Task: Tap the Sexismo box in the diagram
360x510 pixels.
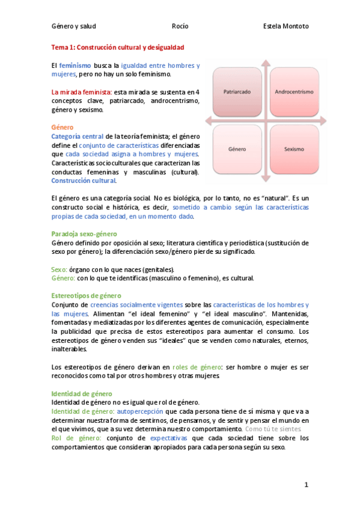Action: (294, 149)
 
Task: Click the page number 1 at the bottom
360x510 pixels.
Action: (306, 485)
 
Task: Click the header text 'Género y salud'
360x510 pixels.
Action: (73, 26)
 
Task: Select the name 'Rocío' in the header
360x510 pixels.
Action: (180, 26)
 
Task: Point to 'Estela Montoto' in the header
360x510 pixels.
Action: (286, 26)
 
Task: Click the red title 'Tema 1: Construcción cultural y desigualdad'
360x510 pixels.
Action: (117, 47)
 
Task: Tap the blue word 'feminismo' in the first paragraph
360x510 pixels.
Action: (75, 65)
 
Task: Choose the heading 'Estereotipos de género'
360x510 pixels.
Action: (86, 296)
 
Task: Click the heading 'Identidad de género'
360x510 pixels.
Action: (81, 393)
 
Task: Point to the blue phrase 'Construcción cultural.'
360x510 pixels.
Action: (84, 180)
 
